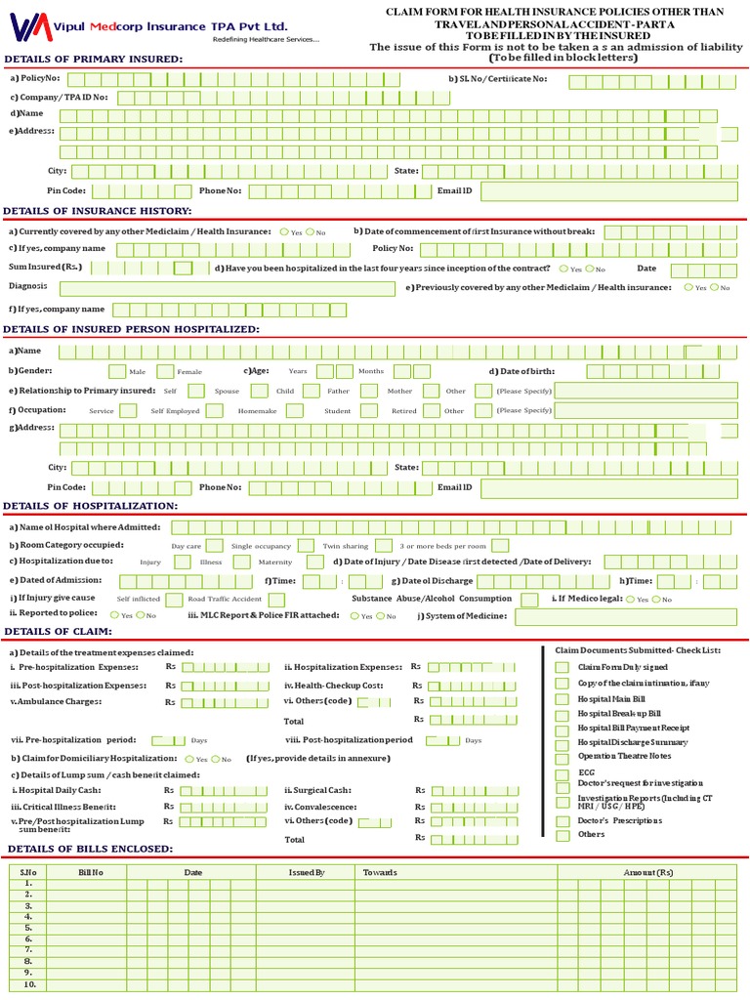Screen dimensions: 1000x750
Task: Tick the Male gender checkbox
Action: coord(117,371)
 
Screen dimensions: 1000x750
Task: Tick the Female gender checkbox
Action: coord(165,371)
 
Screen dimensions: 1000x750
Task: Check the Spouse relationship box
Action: coord(196,391)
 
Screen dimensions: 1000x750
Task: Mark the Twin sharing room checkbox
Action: coord(306,546)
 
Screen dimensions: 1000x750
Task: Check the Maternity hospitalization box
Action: coord(314,562)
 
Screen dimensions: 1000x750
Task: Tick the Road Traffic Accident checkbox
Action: coord(174,599)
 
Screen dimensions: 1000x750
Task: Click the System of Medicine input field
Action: coord(625,616)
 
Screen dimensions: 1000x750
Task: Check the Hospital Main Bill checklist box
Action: coord(562,699)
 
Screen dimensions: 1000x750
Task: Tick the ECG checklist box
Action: coord(562,773)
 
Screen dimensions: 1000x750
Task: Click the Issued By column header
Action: coord(307,871)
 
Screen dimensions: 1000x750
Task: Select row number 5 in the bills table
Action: coord(28,927)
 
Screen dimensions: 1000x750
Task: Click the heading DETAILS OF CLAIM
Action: coord(58,632)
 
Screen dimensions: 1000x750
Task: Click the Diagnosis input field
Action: coord(230,288)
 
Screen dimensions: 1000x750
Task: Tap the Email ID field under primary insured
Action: coord(608,191)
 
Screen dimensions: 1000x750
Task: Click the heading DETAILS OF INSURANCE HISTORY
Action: coord(98,211)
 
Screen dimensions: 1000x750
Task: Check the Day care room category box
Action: coord(214,546)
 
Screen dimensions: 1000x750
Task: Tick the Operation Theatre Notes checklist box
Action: coord(562,757)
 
